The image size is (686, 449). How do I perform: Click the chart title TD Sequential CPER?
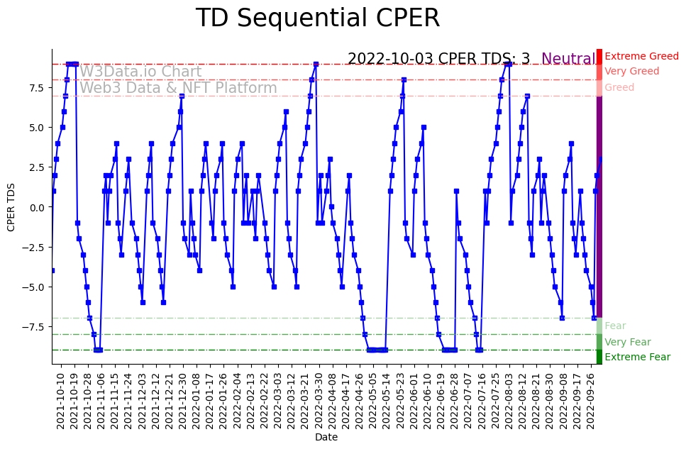(x=317, y=18)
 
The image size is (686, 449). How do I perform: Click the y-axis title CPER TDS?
(x=11, y=206)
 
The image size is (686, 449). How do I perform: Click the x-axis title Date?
(x=326, y=437)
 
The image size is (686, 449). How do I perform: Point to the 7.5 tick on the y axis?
(x=37, y=87)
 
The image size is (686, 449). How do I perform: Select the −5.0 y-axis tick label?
(x=35, y=287)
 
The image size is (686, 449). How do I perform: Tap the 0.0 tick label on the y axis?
(x=37, y=207)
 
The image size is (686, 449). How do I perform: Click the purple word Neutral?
(x=568, y=60)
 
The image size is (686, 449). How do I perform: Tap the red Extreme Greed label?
(x=641, y=56)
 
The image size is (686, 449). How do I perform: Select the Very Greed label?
(x=631, y=72)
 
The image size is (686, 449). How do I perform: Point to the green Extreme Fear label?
(x=637, y=357)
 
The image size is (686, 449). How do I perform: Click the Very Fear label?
(x=627, y=342)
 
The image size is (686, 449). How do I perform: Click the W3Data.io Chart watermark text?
(x=140, y=72)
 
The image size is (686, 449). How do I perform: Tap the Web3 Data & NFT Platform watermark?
(x=178, y=88)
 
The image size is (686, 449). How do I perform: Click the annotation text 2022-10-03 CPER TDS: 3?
(x=438, y=60)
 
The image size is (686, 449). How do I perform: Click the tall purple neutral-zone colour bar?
(x=599, y=206)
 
